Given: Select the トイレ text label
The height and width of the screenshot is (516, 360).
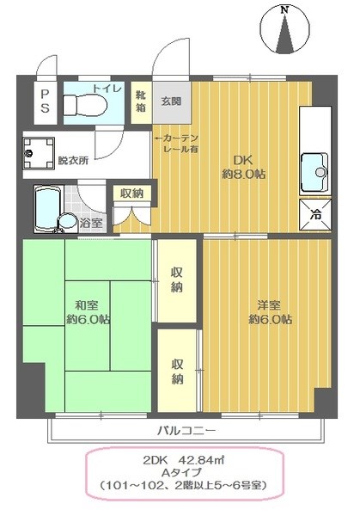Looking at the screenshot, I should pyautogui.click(x=107, y=89).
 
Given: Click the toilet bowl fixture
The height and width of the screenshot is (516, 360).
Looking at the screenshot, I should pyautogui.click(x=85, y=106).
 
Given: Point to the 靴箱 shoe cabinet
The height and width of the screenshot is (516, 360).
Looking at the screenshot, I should pyautogui.click(x=140, y=102).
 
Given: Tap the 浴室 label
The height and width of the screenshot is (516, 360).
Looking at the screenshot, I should pyautogui.click(x=91, y=223).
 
